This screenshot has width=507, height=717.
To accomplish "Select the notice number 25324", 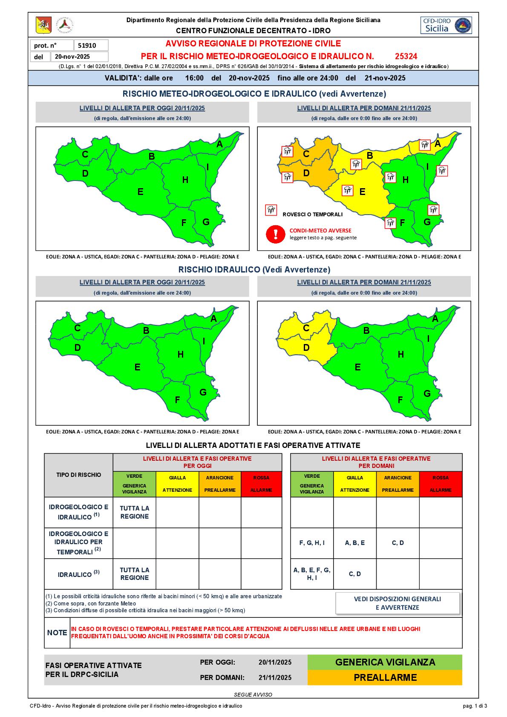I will tap(406, 56).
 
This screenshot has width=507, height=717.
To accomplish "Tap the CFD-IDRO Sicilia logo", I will tap(446, 25).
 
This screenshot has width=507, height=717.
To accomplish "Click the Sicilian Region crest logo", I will tap(43, 25).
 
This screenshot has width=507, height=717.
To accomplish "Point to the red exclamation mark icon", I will tap(276, 234).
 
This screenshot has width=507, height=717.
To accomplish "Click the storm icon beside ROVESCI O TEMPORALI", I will tap(271, 209).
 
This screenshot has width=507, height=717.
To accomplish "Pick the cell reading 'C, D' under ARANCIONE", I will tap(398, 543).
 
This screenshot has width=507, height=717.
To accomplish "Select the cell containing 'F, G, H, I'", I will tap(312, 543).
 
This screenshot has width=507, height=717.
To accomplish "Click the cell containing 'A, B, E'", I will tap(354, 543).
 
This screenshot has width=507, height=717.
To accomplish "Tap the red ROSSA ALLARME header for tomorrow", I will tap(441, 484).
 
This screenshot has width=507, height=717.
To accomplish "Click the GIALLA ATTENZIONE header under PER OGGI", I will tap(177, 484).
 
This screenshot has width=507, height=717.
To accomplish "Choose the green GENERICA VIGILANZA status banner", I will tap(385, 662).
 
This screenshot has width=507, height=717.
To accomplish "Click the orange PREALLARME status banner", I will tap(385, 677).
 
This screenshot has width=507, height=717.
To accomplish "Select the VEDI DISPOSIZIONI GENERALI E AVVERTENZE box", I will tap(398, 603).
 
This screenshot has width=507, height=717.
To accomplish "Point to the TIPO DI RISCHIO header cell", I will tap(79, 475).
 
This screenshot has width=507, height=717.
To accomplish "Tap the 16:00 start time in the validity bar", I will tap(194, 78).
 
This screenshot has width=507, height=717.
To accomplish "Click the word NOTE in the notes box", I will tap(57, 633).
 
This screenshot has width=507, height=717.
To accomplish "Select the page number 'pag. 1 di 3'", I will tap(475, 706).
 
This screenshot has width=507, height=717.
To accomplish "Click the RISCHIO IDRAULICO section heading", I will tap(254, 270).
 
